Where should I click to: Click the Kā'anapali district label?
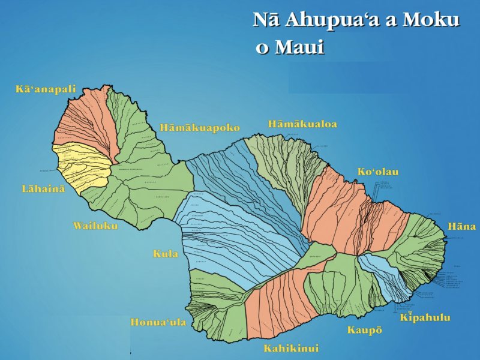pos(46,89)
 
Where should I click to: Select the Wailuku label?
pos(95,226)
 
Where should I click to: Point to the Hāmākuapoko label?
pos(200,128)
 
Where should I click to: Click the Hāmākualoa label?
pos(302,124)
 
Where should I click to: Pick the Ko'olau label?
pos(378,172)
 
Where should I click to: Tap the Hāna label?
pos(461,226)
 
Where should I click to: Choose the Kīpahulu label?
pos(425,317)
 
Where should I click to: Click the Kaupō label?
pos(364,330)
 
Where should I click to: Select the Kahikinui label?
pos(291,348)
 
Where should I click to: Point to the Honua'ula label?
pos(158,322)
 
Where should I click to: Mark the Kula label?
pos(166,254)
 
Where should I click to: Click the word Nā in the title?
pos(266,20)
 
